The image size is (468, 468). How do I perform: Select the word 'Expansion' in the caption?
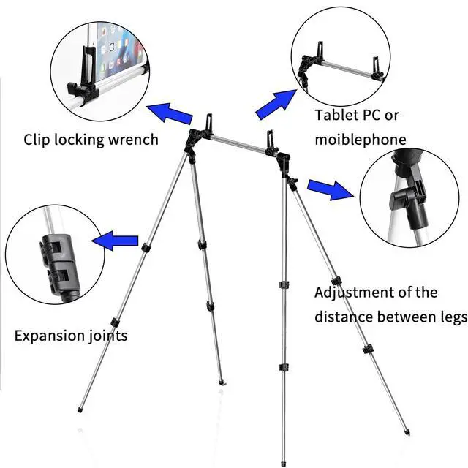[49, 336]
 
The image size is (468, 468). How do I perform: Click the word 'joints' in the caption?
[106, 336]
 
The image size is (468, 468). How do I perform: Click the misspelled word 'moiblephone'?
[361, 139]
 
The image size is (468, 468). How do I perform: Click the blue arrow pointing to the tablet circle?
[170, 114]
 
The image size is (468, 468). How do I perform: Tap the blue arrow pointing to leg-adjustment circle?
[329, 189]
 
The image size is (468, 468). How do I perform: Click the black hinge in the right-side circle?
[407, 195]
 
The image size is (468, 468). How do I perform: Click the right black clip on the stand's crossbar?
[272, 137]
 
